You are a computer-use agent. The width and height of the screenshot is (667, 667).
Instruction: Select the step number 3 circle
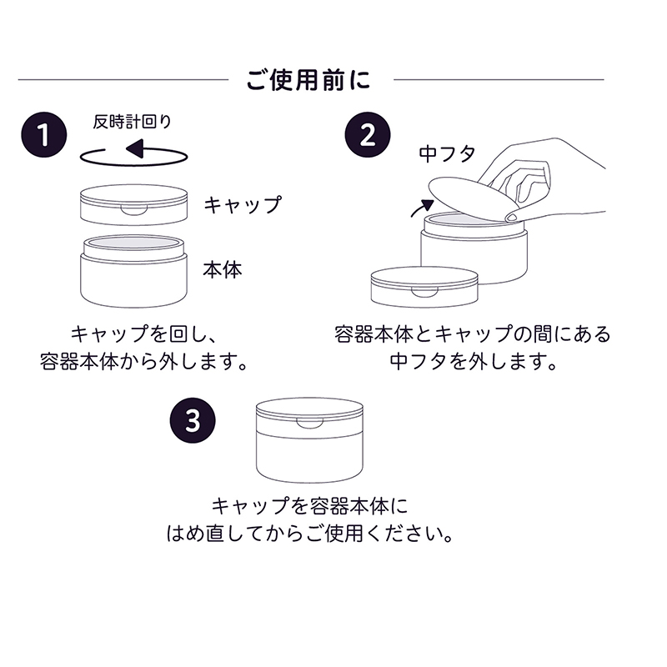[193, 419]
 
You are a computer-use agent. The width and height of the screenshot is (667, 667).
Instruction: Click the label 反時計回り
[133, 122]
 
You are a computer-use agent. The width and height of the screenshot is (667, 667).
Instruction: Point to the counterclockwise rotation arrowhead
[134, 151]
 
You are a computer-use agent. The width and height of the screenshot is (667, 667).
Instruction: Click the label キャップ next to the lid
[243, 203]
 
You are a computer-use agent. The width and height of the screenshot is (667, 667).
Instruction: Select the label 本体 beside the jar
[223, 270]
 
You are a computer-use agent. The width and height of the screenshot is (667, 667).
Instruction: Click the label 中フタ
[447, 153]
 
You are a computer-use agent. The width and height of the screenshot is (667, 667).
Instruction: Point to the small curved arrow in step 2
[423, 208]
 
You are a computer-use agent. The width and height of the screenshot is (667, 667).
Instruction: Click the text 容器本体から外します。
[146, 363]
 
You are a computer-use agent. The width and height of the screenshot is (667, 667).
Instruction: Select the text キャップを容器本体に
[310, 506]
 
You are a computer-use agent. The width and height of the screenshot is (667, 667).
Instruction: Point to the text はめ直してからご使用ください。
[310, 533]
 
